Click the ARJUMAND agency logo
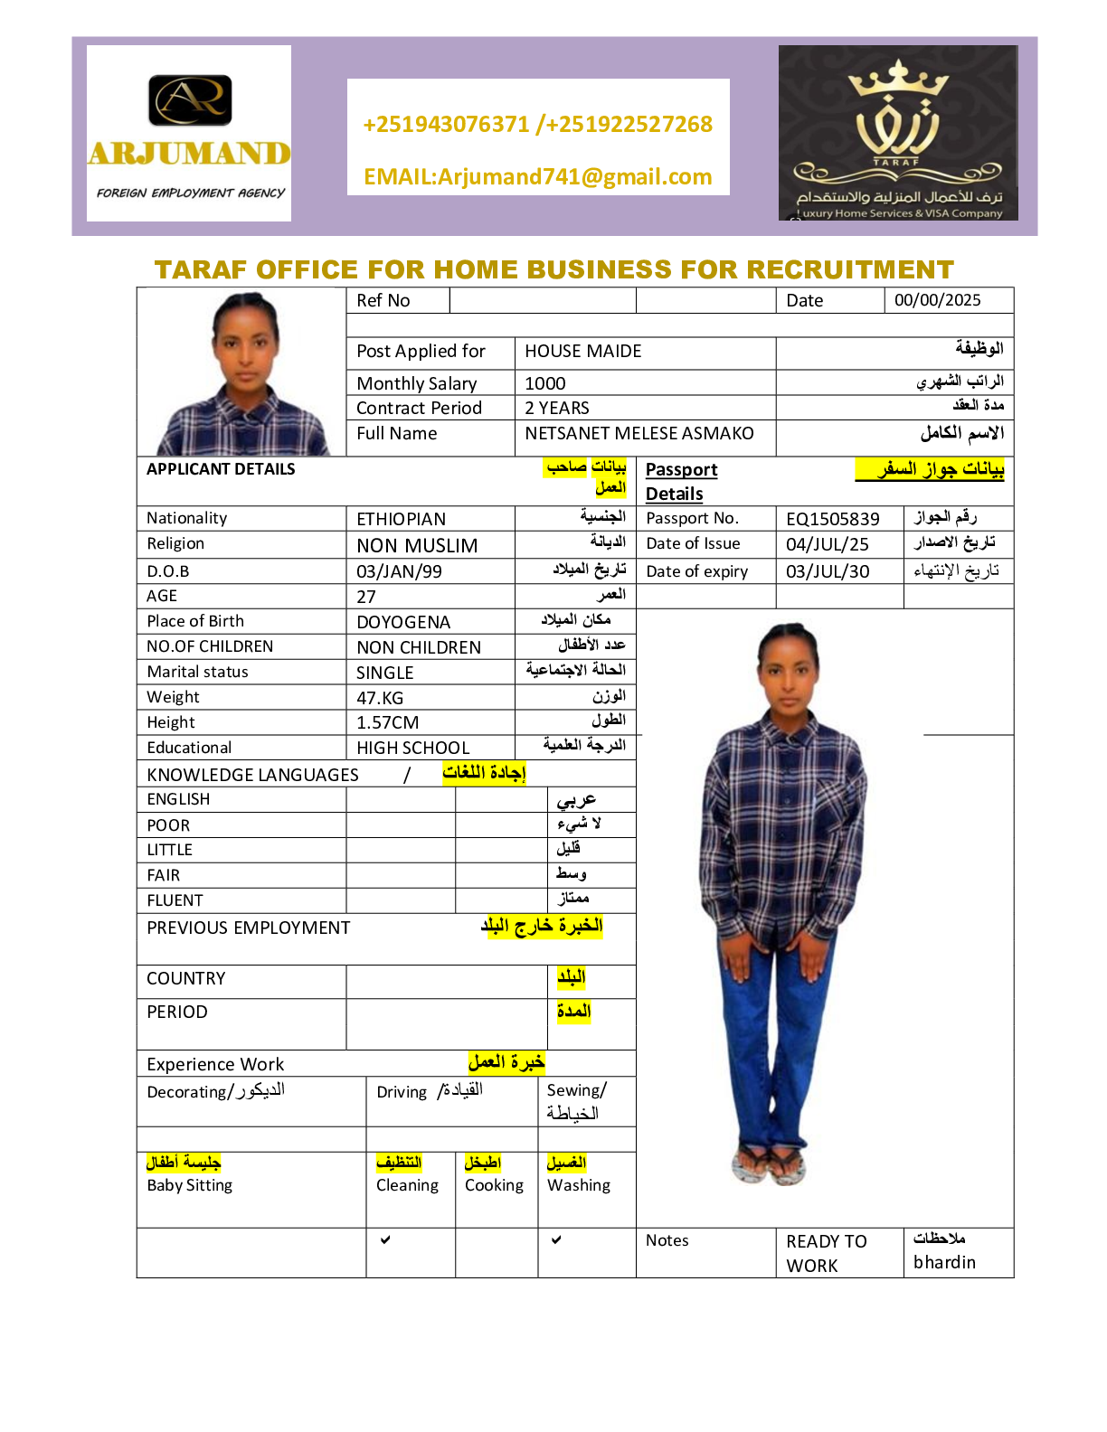(189, 133)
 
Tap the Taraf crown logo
(897, 132)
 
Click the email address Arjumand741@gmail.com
(537, 176)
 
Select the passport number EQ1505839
(832, 519)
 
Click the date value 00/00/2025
(937, 300)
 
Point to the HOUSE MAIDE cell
(583, 351)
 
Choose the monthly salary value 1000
(545, 383)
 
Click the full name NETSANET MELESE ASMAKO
(639, 433)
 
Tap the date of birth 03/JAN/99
(399, 571)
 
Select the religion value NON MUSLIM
(417, 546)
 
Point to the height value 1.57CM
(387, 722)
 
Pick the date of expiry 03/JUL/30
(827, 571)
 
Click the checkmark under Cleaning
(385, 1239)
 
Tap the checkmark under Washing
(556, 1239)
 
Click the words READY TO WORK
(826, 1253)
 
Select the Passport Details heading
(681, 481)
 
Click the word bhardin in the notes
(944, 1262)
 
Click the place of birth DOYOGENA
(403, 622)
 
